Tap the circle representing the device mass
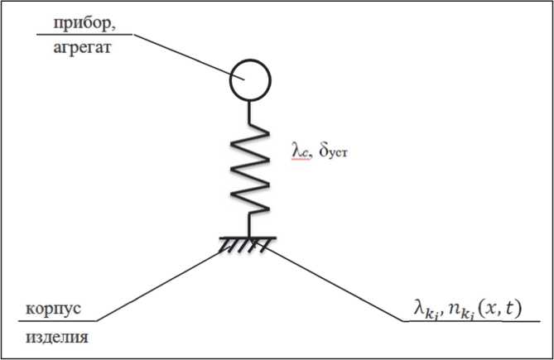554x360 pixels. click(249, 80)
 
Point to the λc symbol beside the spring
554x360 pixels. click(297, 151)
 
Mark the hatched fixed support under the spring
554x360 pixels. click(248, 244)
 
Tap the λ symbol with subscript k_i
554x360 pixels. click(425, 307)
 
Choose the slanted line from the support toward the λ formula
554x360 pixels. click(331, 281)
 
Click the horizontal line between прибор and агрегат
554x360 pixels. click(83, 36)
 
